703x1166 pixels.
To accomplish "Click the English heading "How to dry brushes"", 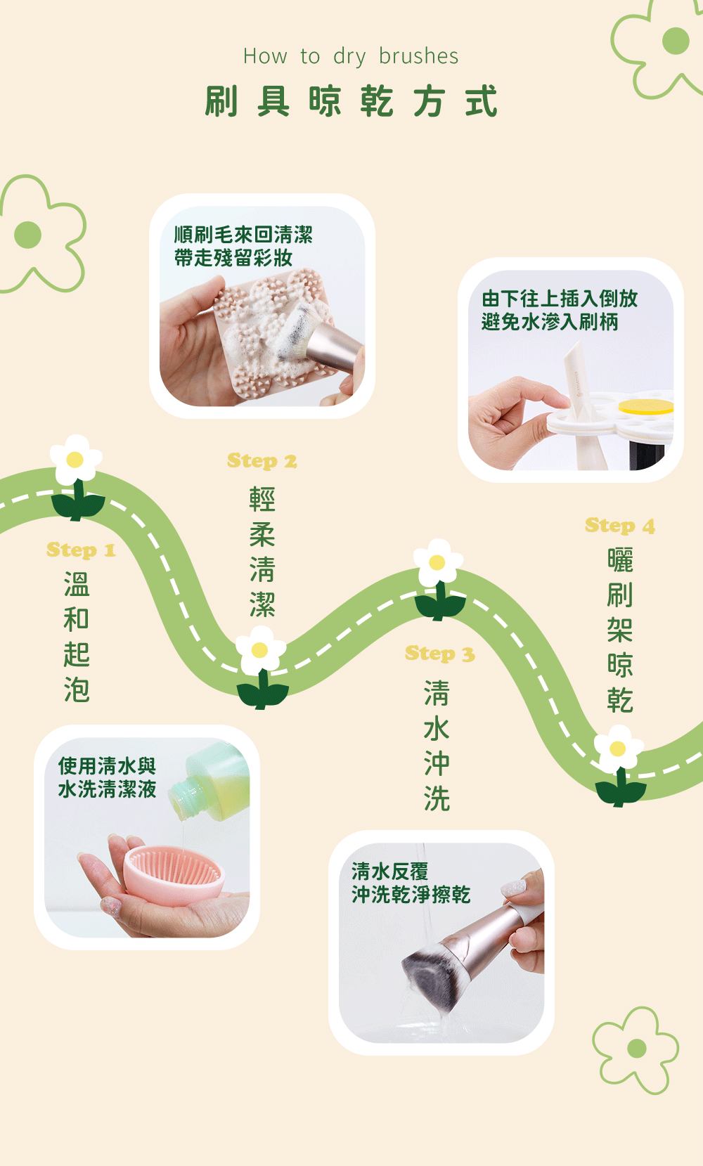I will pyautogui.click(x=351, y=56).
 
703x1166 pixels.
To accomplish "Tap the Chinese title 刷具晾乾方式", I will pyautogui.click(x=351, y=101).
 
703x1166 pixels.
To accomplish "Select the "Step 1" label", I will pyautogui.click(x=81, y=550).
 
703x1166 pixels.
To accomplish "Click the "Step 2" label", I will pyautogui.click(x=262, y=461).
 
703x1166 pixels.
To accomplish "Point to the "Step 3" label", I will pyautogui.click(x=440, y=654).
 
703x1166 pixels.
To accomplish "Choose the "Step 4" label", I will pyautogui.click(x=620, y=526).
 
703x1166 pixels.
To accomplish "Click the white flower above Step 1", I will pyautogui.click(x=76, y=460).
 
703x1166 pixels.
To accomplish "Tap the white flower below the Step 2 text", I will pyautogui.click(x=260, y=651).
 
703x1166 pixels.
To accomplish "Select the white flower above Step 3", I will pyautogui.click(x=438, y=563).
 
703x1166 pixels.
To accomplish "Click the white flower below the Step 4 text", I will pyautogui.click(x=618, y=749).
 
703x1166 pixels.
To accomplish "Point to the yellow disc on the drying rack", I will pyautogui.click(x=645, y=407).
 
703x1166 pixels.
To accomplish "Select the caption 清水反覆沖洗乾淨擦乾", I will pyautogui.click(x=411, y=883).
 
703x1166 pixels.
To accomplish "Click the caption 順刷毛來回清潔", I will pyautogui.click(x=243, y=235).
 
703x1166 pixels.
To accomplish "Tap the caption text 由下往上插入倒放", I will pyautogui.click(x=560, y=299).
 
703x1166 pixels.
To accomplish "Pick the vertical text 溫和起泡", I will pyautogui.click(x=77, y=637).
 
